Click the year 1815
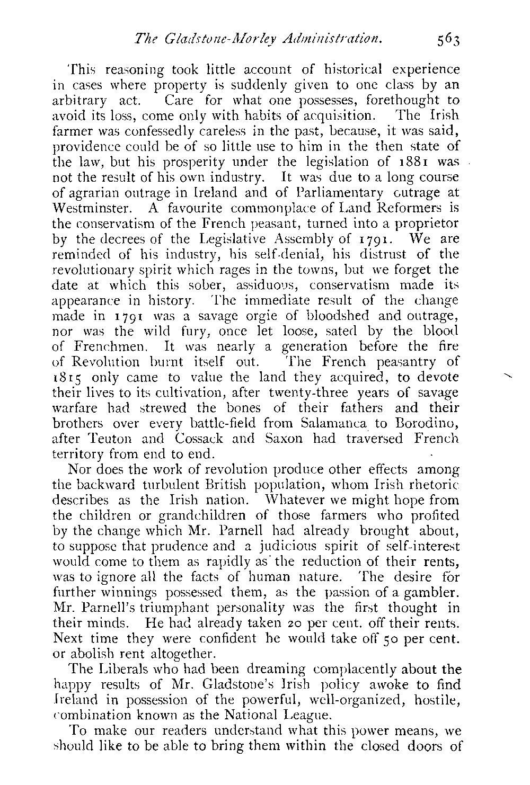click(x=72, y=378)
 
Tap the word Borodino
click(x=425, y=423)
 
